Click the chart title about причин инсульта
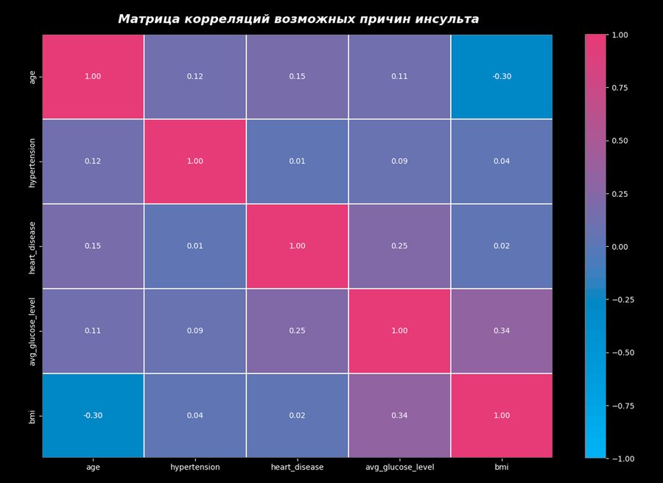298,19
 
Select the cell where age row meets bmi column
501,77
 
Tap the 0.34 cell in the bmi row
399,415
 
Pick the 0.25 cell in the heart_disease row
399,246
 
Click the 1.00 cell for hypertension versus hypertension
195,161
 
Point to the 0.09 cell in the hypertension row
399,161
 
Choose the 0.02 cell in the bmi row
298,415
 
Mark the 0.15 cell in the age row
298,77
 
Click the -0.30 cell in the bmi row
93,415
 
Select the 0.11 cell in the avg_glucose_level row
93,330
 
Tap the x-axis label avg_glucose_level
399,467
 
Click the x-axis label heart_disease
298,467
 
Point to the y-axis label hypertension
32,161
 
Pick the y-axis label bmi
32,415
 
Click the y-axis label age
32,77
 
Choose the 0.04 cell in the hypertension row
501,161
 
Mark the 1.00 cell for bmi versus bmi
501,415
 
